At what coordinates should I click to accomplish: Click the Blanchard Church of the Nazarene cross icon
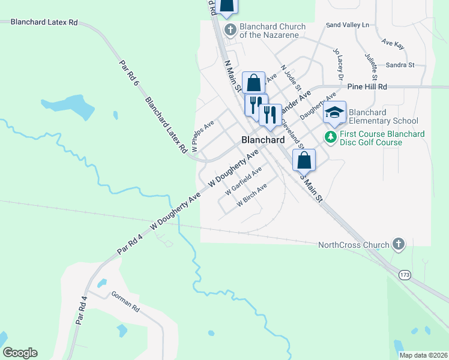click(229, 30)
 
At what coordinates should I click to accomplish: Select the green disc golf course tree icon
click(330, 137)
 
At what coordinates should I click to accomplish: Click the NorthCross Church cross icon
click(397, 244)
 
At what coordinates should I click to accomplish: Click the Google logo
click(20, 353)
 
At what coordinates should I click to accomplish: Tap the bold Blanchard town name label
click(262, 139)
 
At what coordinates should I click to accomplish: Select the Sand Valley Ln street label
click(348, 25)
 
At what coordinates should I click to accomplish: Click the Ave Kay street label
click(394, 44)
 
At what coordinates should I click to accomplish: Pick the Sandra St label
click(400, 65)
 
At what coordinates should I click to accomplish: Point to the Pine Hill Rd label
click(367, 87)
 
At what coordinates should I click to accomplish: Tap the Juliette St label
click(370, 67)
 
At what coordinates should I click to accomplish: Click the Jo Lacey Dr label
click(337, 65)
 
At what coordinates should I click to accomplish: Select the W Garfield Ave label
click(243, 181)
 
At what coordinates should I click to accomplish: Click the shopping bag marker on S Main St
click(304, 160)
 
